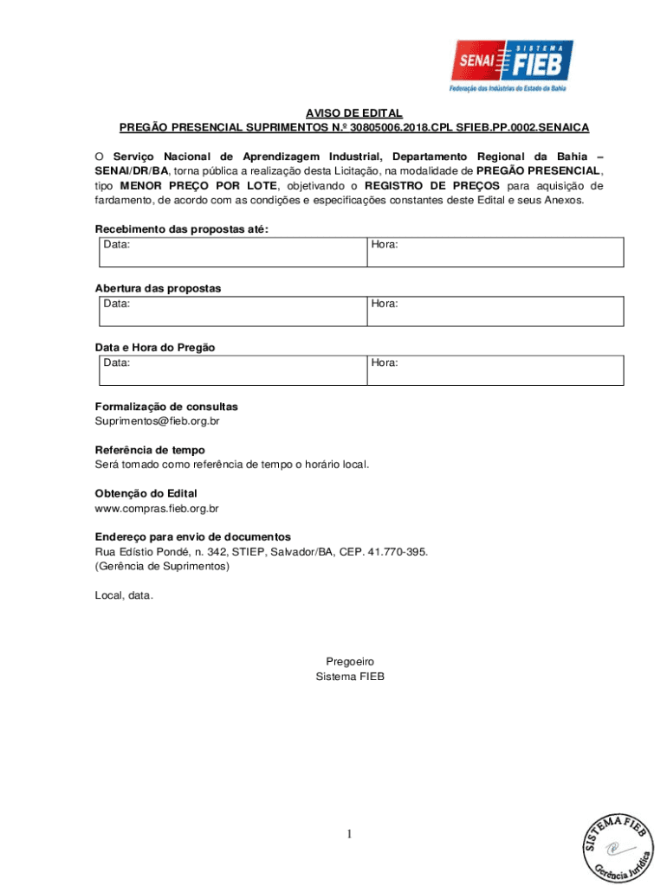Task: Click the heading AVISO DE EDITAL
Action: (x=353, y=113)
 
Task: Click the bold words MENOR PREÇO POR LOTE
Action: (x=198, y=186)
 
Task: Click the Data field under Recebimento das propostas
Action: (x=230, y=253)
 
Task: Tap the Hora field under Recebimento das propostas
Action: (x=494, y=253)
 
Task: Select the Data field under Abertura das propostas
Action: (x=230, y=311)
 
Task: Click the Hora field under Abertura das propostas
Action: (x=494, y=311)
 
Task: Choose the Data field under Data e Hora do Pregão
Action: (x=230, y=370)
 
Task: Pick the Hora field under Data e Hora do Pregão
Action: (x=494, y=370)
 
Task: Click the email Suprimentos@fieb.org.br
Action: (x=157, y=421)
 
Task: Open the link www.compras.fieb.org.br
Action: (x=156, y=509)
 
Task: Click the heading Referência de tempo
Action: (x=150, y=450)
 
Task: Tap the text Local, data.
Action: (x=124, y=595)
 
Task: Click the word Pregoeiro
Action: (x=350, y=662)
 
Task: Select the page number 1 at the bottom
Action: (x=350, y=834)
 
